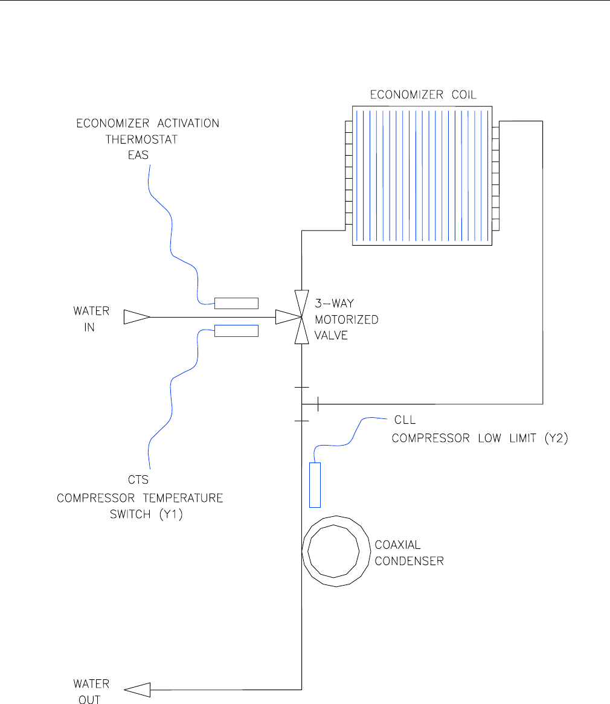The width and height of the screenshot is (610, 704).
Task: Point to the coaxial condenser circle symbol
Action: [335, 551]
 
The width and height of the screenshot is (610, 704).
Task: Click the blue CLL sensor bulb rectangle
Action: [315, 485]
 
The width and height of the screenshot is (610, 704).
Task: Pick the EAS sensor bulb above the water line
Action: [237, 303]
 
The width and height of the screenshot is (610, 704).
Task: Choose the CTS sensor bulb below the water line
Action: [237, 331]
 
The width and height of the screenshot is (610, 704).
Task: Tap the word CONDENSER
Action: [409, 562]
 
